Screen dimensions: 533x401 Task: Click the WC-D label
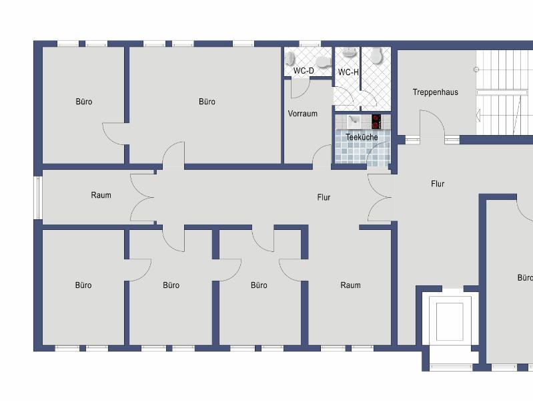[304, 71]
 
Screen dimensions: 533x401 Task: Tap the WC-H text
[348, 72]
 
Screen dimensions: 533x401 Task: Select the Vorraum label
[303, 114]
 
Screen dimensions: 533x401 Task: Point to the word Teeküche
[362, 137]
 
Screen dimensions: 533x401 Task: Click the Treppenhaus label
[436, 92]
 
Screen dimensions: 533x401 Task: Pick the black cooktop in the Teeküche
[376, 122]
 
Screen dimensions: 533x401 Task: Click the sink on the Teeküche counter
[354, 120]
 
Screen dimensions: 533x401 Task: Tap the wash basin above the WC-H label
[349, 52]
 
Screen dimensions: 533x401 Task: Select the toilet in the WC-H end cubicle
[377, 55]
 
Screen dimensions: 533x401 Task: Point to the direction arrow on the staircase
[478, 114]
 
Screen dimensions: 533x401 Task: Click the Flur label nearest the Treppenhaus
[438, 184]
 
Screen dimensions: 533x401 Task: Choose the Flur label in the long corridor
[324, 197]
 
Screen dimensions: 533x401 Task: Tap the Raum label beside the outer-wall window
[101, 195]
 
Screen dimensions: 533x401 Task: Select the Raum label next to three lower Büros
[350, 285]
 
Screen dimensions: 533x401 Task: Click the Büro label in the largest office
[207, 102]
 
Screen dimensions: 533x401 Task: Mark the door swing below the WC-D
[300, 88]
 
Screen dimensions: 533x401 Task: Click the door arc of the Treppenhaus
[432, 124]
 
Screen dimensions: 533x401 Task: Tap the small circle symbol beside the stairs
[476, 70]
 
